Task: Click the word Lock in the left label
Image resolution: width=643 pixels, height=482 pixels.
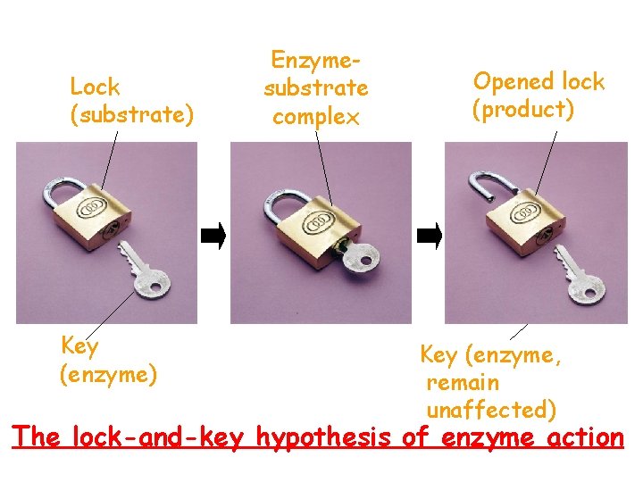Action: point(95,87)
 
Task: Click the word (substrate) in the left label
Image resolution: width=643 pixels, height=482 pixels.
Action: point(131,115)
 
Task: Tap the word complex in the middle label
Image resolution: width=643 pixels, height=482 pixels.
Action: point(315,117)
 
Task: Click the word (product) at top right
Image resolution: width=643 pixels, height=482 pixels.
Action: point(523,110)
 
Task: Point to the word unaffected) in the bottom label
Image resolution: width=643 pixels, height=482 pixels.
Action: point(492,410)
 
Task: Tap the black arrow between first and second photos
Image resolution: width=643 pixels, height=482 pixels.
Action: point(213,237)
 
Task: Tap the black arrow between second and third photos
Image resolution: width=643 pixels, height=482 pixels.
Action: point(429,237)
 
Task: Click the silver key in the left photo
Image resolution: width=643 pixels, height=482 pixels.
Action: point(143,272)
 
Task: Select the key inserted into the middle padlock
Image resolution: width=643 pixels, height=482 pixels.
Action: point(359,257)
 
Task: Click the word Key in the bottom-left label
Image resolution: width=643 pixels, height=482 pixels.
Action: point(79,345)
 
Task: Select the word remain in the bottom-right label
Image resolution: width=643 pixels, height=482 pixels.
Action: point(463,383)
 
